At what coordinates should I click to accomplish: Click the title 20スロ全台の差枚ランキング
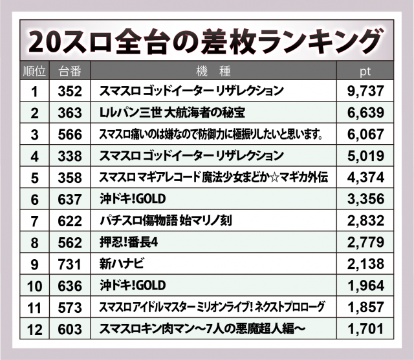click(x=207, y=42)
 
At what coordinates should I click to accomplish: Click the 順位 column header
click(x=35, y=70)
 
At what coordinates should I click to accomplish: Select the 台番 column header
click(x=69, y=70)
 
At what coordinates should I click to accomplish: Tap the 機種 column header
click(x=213, y=70)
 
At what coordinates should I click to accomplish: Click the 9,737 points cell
click(x=365, y=91)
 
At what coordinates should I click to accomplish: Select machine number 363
click(x=69, y=113)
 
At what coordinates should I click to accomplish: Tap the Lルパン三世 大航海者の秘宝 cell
click(x=171, y=113)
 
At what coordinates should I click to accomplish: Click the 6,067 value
click(x=365, y=134)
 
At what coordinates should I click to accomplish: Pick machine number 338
click(x=69, y=156)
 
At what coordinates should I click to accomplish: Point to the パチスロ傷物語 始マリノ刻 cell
click(x=165, y=220)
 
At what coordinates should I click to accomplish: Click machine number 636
click(x=69, y=285)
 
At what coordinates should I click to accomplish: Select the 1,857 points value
click(x=365, y=306)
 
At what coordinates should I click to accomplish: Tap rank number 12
click(x=35, y=328)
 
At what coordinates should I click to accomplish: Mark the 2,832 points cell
click(x=365, y=220)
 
